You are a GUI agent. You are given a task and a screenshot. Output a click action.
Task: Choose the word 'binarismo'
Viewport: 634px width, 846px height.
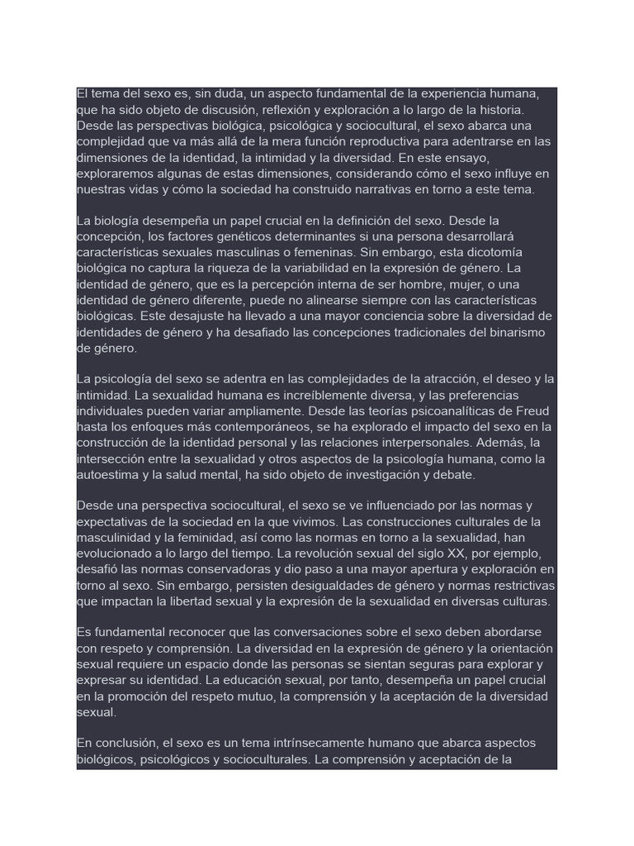pyautogui.click(x=500, y=332)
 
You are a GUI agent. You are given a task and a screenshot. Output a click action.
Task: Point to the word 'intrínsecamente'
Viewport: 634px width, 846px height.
pyautogui.click(x=292, y=744)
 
